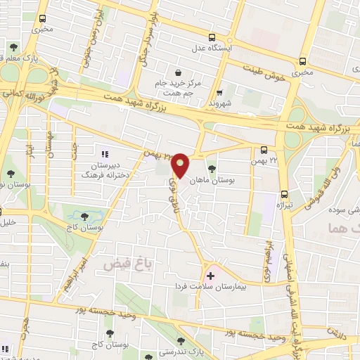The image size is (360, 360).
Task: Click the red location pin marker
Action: (x=181, y=165)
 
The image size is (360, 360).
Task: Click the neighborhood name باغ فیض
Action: (x=119, y=264)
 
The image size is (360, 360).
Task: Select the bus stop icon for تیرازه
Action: (x=284, y=194)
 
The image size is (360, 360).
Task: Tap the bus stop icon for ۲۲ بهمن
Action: (x=263, y=149)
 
